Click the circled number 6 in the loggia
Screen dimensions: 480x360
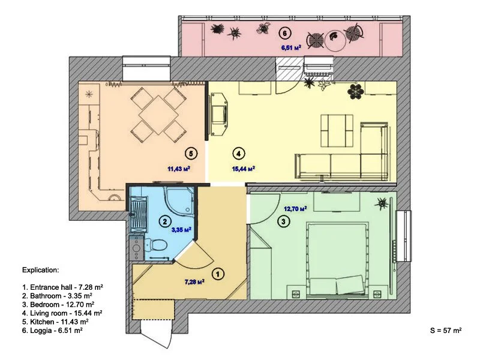coord(285,33)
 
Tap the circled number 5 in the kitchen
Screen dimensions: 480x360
coord(191,154)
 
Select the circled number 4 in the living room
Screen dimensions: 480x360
coord(239,154)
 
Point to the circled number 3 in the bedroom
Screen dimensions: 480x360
coord(283,221)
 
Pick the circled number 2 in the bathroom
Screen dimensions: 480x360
coord(166,221)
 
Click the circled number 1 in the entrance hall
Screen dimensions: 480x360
coord(218,274)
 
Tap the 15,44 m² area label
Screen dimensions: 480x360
coord(244,169)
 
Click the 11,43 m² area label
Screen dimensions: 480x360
coord(179,169)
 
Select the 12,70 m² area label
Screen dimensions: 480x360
coord(295,209)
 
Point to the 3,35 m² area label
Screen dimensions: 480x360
coord(182,230)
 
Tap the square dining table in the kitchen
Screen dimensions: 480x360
coord(158,115)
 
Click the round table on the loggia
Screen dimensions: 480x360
coord(336,40)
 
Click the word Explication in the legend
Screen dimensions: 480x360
coord(40,271)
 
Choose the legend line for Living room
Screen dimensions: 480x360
coord(62,313)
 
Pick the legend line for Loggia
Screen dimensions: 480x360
coord(52,331)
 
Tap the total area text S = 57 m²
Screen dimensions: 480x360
coord(446,331)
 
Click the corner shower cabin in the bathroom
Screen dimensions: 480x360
coord(179,202)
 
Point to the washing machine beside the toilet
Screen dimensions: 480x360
coord(136,248)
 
